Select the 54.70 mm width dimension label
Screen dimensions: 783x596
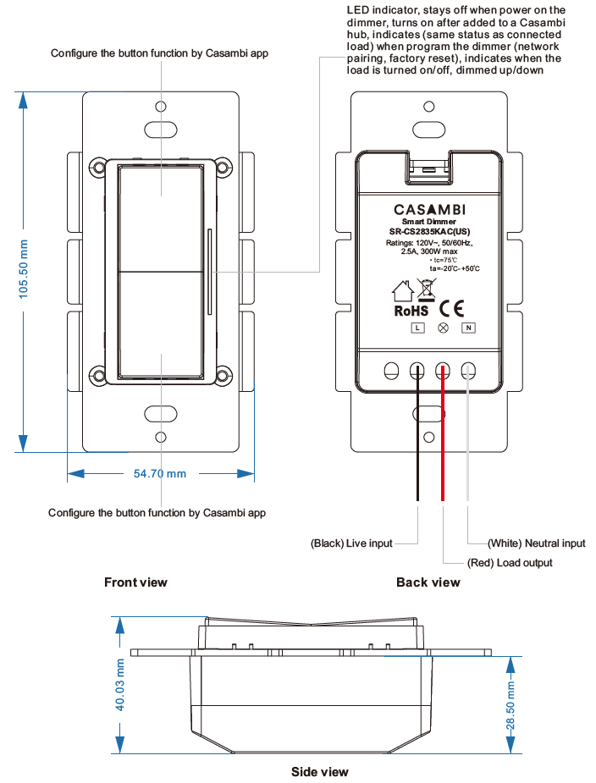(x=159, y=473)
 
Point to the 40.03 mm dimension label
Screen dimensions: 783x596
(x=119, y=685)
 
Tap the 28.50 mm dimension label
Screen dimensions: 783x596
(x=510, y=703)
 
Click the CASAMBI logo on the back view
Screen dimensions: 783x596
(x=429, y=209)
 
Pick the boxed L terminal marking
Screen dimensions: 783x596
(x=417, y=328)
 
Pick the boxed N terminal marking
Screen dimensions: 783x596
(x=467, y=328)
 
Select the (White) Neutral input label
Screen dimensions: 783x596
(x=536, y=543)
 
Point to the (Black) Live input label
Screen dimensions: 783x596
(x=351, y=543)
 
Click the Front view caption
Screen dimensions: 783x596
(x=135, y=582)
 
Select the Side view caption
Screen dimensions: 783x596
(x=319, y=771)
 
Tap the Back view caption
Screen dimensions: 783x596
(x=428, y=582)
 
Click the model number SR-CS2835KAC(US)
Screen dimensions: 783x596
(x=429, y=231)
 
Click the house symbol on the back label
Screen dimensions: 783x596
(x=403, y=291)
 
